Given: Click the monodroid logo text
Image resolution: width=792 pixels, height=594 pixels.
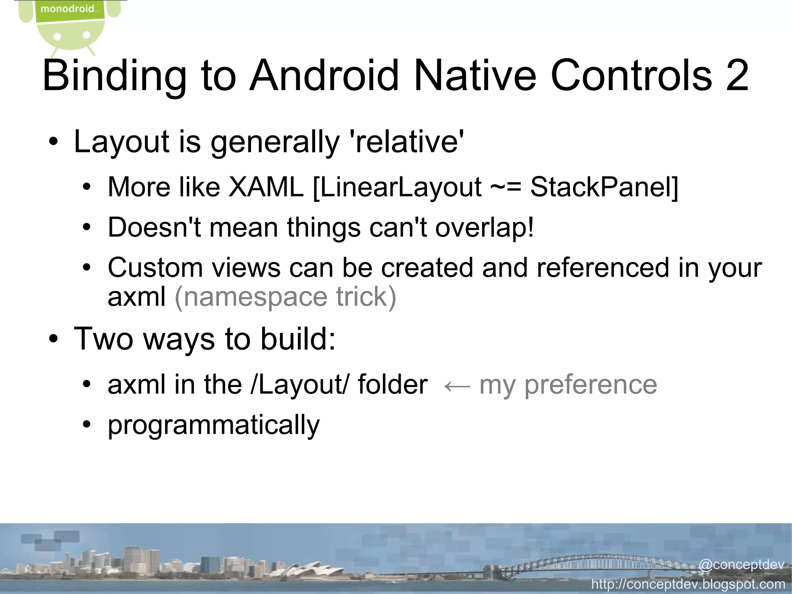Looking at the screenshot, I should tap(68, 9).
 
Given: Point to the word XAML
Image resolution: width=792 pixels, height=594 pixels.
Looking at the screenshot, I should tap(266, 187).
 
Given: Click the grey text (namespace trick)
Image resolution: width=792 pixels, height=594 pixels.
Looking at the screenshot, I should tap(285, 297).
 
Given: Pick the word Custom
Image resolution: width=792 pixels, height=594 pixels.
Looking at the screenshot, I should tap(155, 268).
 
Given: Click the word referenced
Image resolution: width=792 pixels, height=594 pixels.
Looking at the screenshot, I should tap(603, 268).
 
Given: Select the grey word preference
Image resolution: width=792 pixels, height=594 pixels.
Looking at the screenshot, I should tap(590, 385).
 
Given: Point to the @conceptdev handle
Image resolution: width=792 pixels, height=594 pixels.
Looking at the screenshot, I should tap(741, 565).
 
